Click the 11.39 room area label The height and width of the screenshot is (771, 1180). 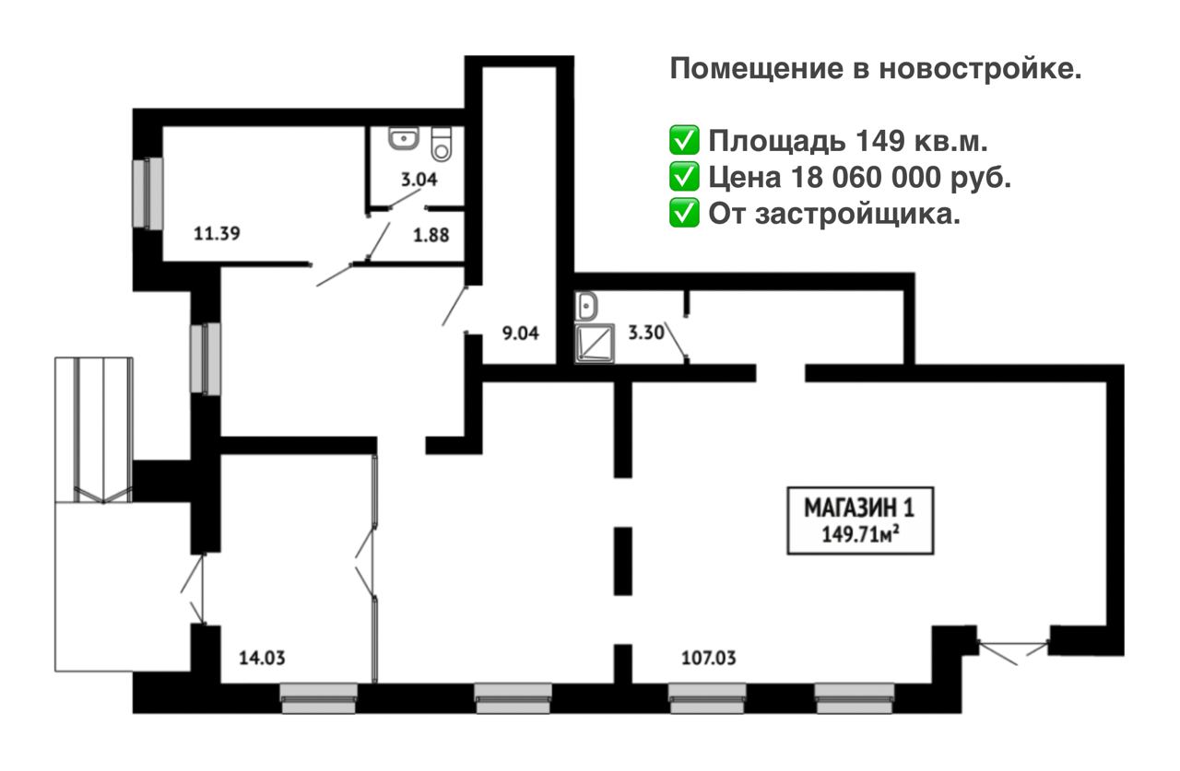pyautogui.click(x=217, y=233)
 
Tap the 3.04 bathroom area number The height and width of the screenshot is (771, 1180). pyautogui.click(x=419, y=180)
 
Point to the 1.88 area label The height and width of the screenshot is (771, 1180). pyautogui.click(x=431, y=235)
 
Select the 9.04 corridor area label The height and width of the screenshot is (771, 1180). pyautogui.click(x=521, y=333)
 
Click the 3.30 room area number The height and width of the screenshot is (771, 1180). pyautogui.click(x=646, y=333)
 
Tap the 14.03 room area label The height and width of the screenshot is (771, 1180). pyautogui.click(x=262, y=658)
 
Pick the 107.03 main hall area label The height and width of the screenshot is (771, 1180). pyautogui.click(x=709, y=658)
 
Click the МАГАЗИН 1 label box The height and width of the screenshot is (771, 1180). pyautogui.click(x=860, y=520)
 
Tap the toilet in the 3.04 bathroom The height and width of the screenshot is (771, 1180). pyautogui.click(x=442, y=144)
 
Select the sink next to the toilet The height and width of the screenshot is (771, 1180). pyautogui.click(x=404, y=138)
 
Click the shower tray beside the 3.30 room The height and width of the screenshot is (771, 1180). pyautogui.click(x=595, y=344)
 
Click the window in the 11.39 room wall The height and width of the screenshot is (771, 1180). pyautogui.click(x=148, y=193)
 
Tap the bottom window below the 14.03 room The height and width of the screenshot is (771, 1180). pyautogui.click(x=319, y=698)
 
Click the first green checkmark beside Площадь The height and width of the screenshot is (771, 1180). pyautogui.click(x=684, y=140)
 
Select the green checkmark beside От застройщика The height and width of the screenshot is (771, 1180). pyautogui.click(x=684, y=213)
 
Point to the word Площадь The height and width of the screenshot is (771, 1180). pyautogui.click(x=776, y=142)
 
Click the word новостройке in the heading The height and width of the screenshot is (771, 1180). pyautogui.click(x=980, y=69)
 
